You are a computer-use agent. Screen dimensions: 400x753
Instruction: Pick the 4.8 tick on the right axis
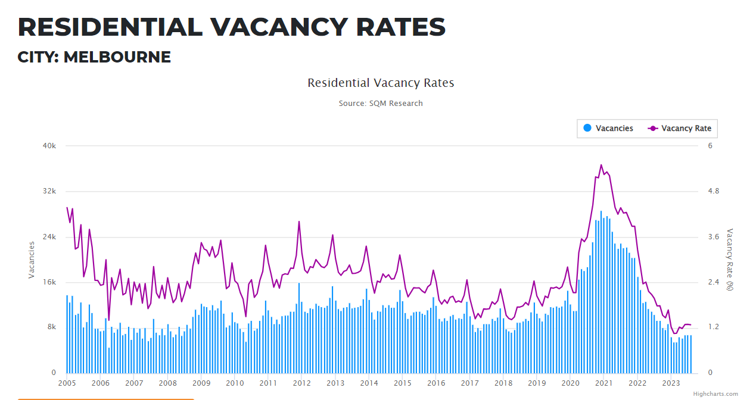pyautogui.click(x=713, y=191)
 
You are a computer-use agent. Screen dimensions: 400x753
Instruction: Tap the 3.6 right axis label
pyautogui.click(x=713, y=237)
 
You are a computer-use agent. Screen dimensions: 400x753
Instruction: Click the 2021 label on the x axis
pyautogui.click(x=604, y=383)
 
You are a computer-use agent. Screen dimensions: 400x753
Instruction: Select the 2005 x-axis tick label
pyautogui.click(x=67, y=383)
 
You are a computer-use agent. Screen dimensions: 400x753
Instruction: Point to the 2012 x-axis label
pyautogui.click(x=301, y=383)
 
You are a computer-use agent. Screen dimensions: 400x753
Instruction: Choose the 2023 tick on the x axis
pyautogui.click(x=671, y=383)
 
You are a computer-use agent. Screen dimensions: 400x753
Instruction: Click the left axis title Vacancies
pyautogui.click(x=32, y=260)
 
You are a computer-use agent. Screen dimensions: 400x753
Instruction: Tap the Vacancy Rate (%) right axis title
pyautogui.click(x=730, y=260)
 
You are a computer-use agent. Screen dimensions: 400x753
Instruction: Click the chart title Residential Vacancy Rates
pyautogui.click(x=381, y=83)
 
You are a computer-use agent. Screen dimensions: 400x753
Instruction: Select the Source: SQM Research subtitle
pyautogui.click(x=381, y=104)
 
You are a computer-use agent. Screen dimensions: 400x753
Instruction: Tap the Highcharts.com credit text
pyautogui.click(x=715, y=394)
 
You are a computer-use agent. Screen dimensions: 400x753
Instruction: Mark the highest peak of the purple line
pyautogui.click(x=601, y=165)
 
